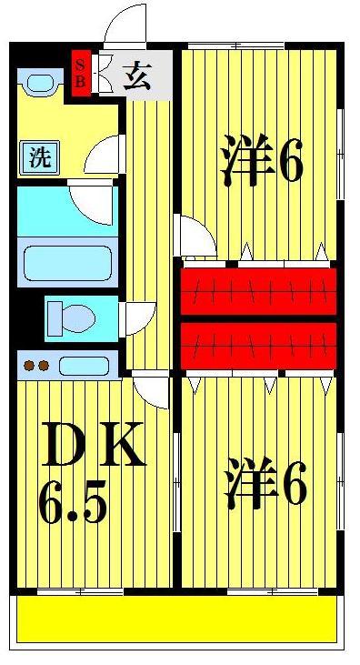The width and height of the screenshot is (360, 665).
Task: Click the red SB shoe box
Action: (x=80, y=72)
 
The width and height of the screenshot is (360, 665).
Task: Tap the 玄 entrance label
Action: (x=136, y=74)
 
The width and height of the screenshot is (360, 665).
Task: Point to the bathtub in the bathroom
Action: (x=66, y=261)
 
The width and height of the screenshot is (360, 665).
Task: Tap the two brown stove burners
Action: (x=36, y=367)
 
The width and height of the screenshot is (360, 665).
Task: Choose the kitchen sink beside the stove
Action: (x=84, y=367)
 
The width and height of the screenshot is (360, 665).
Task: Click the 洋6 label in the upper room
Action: (x=261, y=162)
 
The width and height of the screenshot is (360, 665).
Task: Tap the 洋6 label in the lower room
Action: (x=265, y=485)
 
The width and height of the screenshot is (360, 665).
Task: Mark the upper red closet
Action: (x=258, y=288)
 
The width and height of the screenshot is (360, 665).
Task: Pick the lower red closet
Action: (x=258, y=345)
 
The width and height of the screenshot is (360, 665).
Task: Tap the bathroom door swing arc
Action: (x=94, y=202)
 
